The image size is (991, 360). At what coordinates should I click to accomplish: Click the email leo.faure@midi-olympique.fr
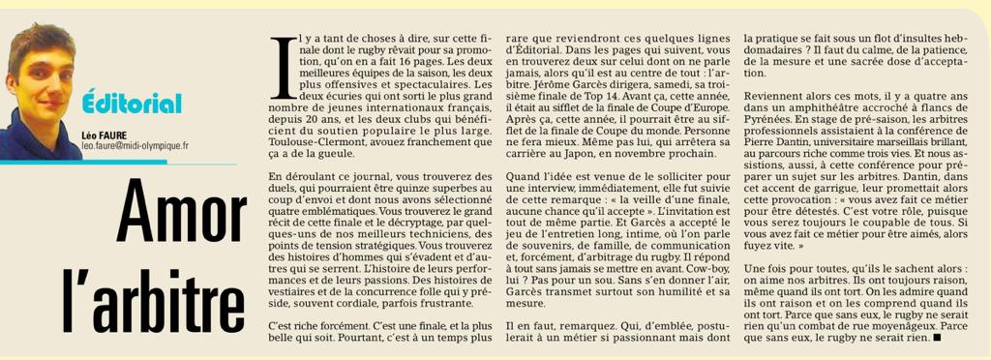[x=135, y=145]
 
